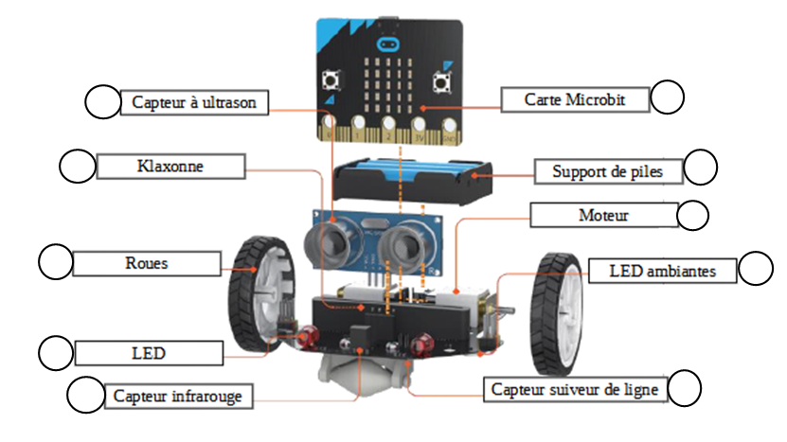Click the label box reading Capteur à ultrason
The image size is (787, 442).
pos(194,101)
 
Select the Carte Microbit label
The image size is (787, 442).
pos(575,98)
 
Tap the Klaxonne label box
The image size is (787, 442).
pos(170,167)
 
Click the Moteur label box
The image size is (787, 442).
pos(603,216)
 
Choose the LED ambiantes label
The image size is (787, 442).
pos(661,272)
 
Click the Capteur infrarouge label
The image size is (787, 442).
pos(180,396)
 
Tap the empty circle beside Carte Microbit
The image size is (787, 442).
pos(670,97)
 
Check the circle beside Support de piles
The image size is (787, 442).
pos(700,168)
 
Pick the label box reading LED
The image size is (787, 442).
pos(149,353)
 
